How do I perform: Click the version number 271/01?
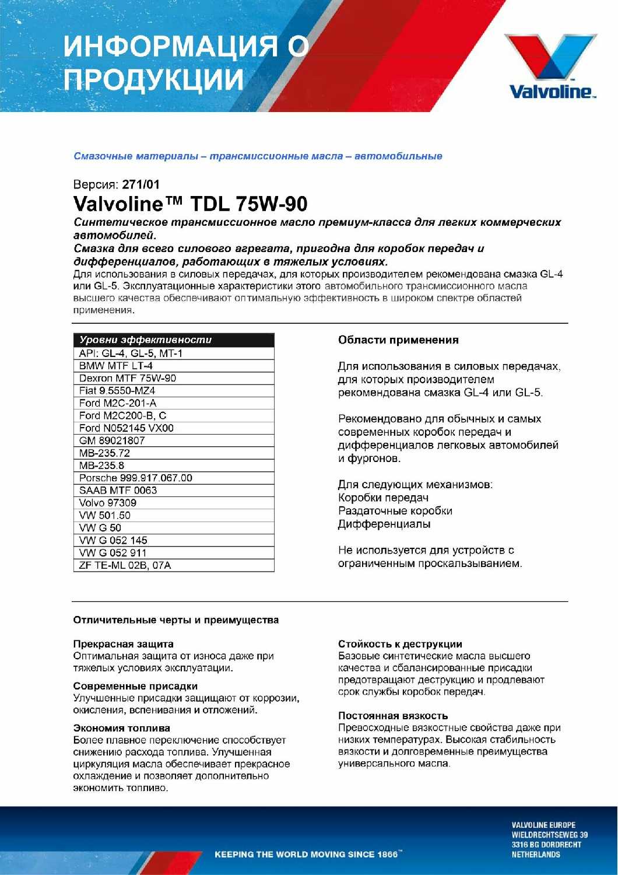coord(141,185)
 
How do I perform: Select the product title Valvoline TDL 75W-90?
coord(190,204)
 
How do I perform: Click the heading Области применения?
coord(398,340)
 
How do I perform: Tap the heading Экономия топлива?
coord(121,728)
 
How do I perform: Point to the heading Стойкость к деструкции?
coord(400,644)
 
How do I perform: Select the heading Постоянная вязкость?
coord(393,716)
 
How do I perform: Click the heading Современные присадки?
coord(135,686)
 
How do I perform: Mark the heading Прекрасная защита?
coord(123,644)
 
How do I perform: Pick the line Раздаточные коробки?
coord(395,511)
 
